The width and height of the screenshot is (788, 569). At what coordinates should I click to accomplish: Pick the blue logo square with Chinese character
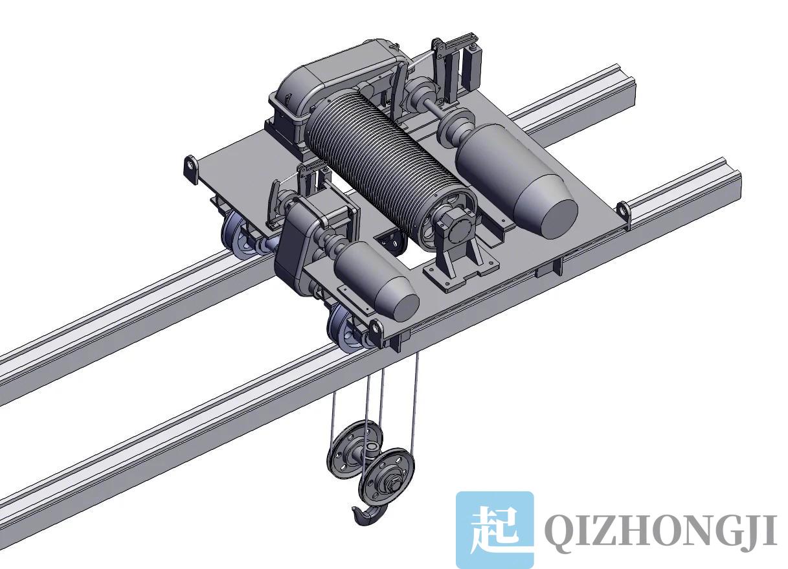[495, 530]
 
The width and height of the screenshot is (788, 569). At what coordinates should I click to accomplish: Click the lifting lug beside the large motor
[622, 211]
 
